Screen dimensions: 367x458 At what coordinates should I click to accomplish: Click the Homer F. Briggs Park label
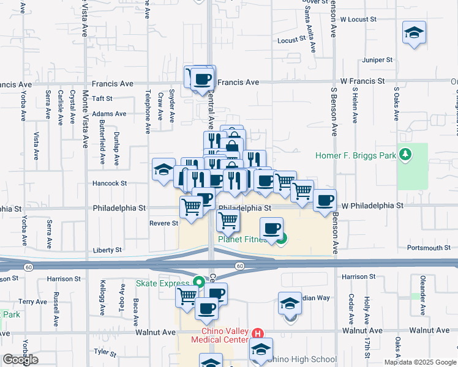pos(356,155)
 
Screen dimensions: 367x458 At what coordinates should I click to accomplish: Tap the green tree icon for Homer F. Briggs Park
pos(404,155)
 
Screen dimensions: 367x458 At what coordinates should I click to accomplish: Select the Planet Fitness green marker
pos(280,240)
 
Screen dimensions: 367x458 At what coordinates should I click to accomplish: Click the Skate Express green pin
pos(198,283)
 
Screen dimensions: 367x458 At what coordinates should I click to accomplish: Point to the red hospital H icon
pos(258,334)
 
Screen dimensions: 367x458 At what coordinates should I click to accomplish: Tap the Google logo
pos(20,360)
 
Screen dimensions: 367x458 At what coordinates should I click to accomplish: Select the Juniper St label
pos(377,60)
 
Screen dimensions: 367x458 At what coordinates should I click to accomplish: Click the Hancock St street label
pos(110,183)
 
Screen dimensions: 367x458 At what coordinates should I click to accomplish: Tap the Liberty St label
pos(107,250)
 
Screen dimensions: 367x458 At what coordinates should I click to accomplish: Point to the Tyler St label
pos(105,352)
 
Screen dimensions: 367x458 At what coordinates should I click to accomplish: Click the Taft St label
pos(102,98)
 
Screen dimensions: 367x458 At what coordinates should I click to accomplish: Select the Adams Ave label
pos(109,114)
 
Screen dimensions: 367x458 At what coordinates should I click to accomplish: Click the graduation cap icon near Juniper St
pos(415,32)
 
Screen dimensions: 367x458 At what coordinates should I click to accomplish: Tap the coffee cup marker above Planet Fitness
pos(272,228)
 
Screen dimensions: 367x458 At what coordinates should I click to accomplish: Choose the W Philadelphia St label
pos(372,206)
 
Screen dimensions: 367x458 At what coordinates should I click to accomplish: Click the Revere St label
pos(163,223)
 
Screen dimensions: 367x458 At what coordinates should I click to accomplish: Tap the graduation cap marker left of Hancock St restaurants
pos(164,169)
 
